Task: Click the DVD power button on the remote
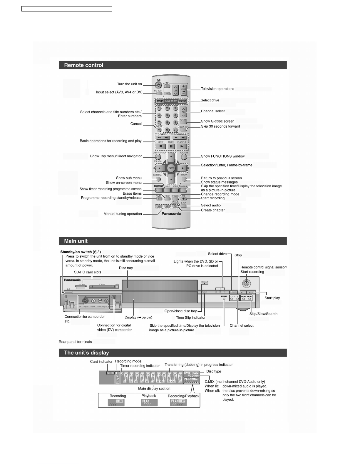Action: [158, 85]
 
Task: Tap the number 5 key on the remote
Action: [167, 116]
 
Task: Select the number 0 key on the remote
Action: [167, 130]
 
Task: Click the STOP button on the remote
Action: [160, 146]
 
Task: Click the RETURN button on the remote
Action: [184, 179]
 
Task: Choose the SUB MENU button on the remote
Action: [158, 179]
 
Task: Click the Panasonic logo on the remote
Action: [171, 214]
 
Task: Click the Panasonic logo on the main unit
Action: [72, 280]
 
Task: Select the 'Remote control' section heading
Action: [84, 65]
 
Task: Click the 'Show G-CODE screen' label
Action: [217, 121]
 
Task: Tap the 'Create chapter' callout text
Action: [213, 210]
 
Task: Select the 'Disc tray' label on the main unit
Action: [126, 268]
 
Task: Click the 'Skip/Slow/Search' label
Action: [263, 314]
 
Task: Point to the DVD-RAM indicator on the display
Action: [191, 373]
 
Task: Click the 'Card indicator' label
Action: [101, 362]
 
